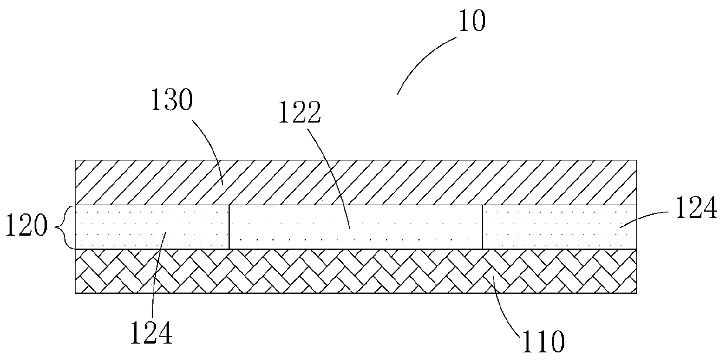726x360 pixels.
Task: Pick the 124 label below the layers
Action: click(152, 334)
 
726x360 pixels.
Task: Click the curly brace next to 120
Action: click(67, 227)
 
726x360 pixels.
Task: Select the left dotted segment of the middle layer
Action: click(123, 227)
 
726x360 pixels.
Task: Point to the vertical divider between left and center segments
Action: click(229, 227)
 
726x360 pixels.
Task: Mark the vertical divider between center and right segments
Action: click(482, 227)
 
